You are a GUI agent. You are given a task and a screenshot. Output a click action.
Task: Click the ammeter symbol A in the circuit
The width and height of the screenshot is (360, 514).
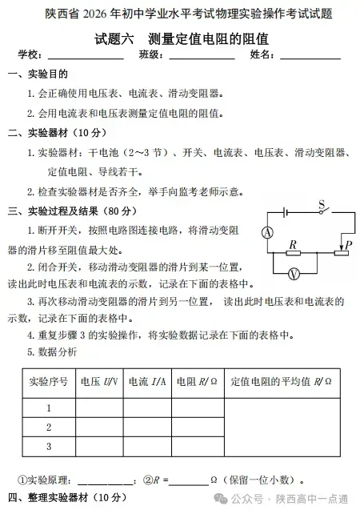(266, 231)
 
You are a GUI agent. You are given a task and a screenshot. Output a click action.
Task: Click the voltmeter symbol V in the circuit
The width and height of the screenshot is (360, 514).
(294, 273)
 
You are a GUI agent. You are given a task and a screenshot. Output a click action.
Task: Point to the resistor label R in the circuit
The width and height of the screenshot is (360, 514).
(293, 244)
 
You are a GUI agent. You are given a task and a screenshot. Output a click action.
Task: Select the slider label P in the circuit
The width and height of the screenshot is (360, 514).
(349, 243)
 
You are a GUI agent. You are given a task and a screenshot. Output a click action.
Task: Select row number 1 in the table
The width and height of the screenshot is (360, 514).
(48, 407)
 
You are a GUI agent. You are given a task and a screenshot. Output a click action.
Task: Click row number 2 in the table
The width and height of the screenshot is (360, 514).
(48, 427)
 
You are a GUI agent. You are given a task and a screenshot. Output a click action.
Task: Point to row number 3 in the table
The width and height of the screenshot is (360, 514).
(48, 446)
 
